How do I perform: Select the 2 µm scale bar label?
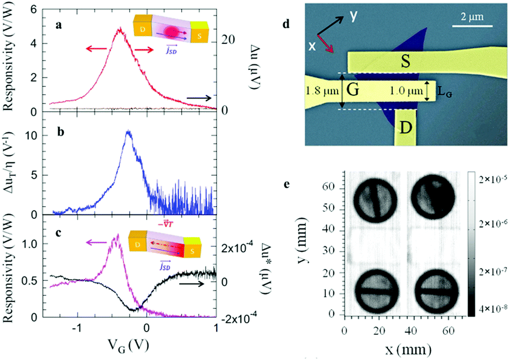click(x=472, y=17)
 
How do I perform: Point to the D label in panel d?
click(x=405, y=128)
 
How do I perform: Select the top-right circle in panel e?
click(x=434, y=197)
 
